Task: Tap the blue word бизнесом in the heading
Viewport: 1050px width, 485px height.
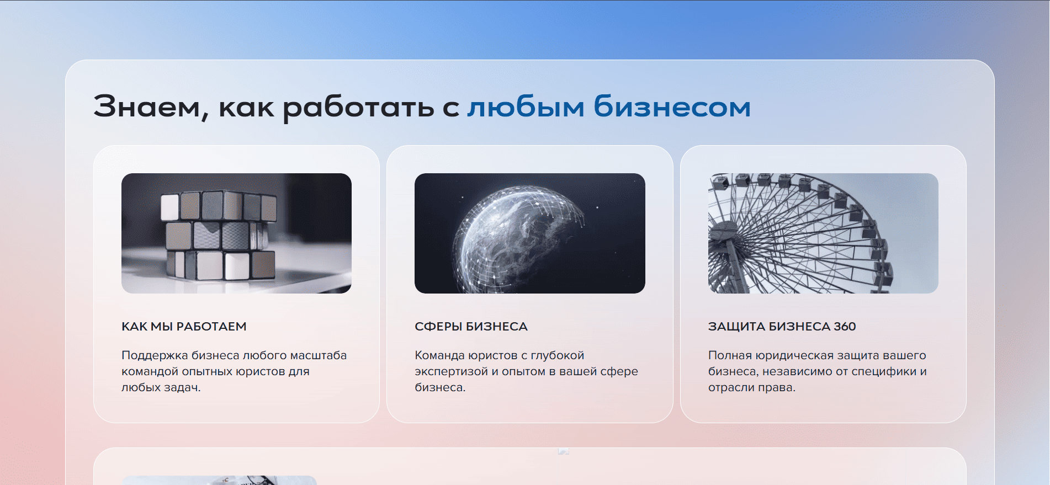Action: [x=672, y=106]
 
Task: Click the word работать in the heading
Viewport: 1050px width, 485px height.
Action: [x=359, y=108]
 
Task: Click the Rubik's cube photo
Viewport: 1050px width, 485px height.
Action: [x=236, y=233]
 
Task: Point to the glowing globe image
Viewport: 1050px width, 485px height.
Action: [x=530, y=233]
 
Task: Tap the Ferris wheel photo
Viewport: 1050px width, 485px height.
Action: [x=823, y=233]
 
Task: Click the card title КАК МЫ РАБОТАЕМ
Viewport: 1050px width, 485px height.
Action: [x=184, y=327]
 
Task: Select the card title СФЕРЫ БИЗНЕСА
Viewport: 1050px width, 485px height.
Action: [x=471, y=327]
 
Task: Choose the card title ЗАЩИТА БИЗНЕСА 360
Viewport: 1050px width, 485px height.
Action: [x=782, y=327]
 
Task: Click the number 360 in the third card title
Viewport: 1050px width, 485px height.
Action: [x=845, y=327]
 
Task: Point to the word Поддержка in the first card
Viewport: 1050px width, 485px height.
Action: [x=155, y=356]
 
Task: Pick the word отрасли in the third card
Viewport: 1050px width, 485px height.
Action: [x=731, y=388]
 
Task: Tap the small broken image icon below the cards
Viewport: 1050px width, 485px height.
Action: [x=564, y=451]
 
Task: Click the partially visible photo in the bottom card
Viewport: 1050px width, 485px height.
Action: [x=219, y=481]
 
